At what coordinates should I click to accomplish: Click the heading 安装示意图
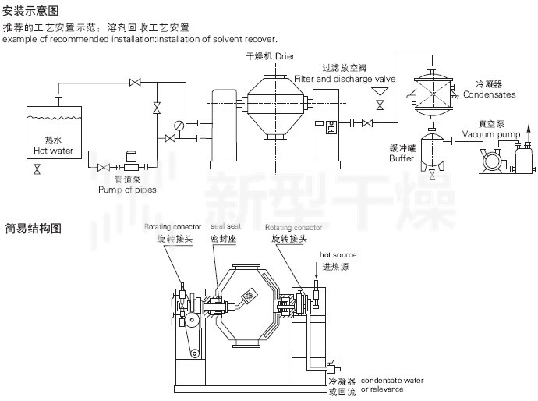31,10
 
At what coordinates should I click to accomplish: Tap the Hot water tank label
52,146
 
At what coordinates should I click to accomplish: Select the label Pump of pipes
127,189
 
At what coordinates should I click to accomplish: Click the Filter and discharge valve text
345,79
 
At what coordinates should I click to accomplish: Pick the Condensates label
489,94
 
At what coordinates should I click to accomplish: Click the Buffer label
402,158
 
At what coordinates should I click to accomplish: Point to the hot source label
338,255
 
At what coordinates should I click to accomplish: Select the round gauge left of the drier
179,125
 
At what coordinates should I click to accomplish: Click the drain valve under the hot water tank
37,169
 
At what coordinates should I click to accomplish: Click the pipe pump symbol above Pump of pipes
129,165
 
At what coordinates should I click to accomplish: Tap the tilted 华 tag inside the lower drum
250,295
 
